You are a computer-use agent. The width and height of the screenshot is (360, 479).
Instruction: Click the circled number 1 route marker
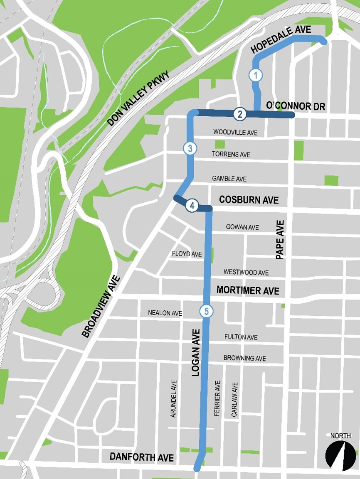256,75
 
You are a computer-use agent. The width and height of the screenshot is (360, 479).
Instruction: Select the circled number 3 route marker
190,148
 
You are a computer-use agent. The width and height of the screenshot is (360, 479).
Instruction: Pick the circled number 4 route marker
192,205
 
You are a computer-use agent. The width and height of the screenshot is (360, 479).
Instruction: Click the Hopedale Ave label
281,40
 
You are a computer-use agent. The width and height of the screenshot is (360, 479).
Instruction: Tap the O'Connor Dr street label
295,106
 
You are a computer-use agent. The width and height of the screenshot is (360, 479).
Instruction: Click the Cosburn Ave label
249,200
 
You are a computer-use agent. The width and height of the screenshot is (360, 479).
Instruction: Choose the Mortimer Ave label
248,290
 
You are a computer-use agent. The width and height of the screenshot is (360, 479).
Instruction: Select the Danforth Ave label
141,457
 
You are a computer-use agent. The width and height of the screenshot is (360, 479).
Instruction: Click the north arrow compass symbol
340,455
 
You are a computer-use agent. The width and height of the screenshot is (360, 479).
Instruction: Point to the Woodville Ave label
235,133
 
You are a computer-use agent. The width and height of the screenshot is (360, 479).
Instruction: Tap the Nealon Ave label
165,313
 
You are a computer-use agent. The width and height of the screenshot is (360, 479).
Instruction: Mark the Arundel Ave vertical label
174,398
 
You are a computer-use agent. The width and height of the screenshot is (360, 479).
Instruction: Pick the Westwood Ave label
246,273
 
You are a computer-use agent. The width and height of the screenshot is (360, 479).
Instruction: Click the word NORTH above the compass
340,436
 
